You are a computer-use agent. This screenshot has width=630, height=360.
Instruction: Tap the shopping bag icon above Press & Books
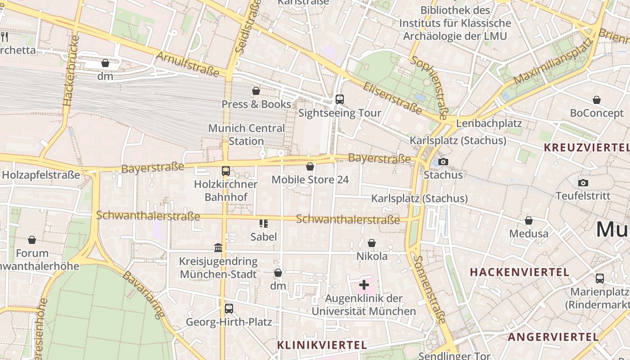coord(256,91)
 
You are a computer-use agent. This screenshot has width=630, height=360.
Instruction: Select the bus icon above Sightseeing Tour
coord(340,99)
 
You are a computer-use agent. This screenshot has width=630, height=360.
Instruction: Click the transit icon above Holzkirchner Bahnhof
coord(226,171)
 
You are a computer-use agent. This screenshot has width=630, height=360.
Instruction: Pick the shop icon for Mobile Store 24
coord(310,167)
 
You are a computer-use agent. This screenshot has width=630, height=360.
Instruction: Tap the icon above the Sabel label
coord(264,224)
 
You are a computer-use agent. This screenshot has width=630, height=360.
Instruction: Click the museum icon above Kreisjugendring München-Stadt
coord(218,247)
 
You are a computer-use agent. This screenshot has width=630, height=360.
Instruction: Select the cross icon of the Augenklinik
coord(364,285)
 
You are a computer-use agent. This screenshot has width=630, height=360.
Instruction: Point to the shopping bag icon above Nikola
coord(372,243)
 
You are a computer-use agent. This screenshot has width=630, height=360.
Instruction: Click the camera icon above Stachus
coord(443,162)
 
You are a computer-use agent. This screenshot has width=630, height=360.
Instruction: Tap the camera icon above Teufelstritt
coord(583,183)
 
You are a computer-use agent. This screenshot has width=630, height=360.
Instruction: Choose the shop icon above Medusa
coord(529,221)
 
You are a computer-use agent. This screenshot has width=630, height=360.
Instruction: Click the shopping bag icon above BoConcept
coord(597,100)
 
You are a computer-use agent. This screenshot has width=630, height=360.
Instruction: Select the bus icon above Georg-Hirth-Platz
coord(229,309)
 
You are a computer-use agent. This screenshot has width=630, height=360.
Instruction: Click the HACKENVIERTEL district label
coord(520,272)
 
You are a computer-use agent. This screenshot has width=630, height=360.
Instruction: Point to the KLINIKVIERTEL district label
coord(322,345)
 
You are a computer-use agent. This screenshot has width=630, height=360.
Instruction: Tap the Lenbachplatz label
coord(489,123)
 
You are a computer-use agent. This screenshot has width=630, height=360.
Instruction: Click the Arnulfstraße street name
coord(187,63)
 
